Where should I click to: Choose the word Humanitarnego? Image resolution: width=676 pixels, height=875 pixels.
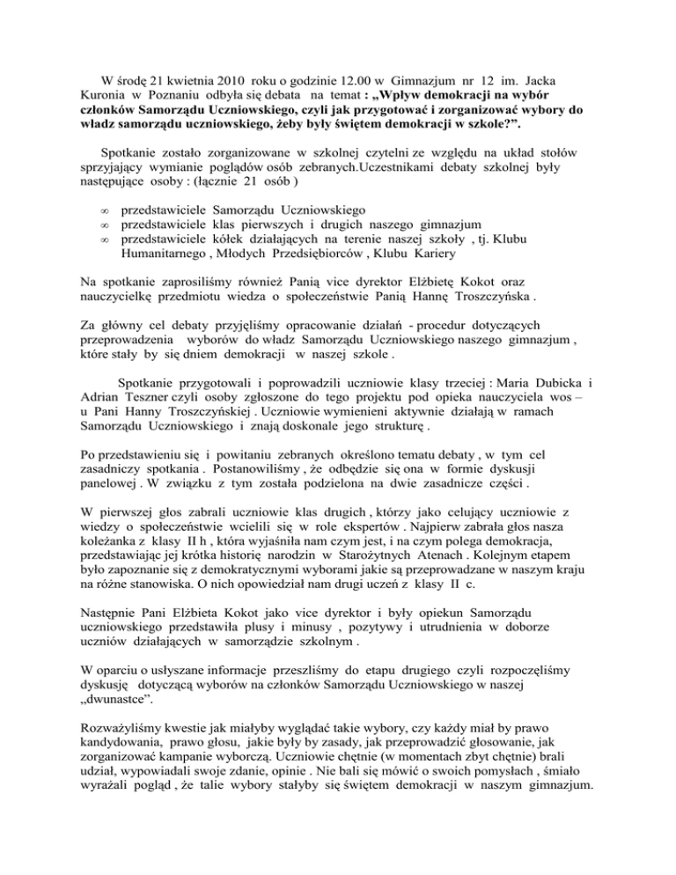pos(169,255)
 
